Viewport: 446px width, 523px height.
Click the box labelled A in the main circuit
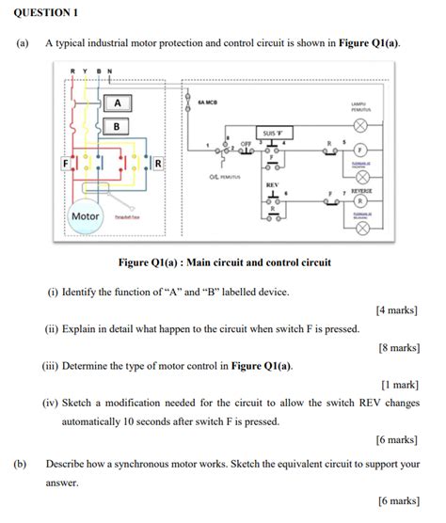[x=117, y=103]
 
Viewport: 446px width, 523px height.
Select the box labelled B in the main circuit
[x=117, y=125]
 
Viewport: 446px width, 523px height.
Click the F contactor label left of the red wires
[x=65, y=163]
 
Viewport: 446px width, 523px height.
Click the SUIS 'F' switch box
[x=273, y=134]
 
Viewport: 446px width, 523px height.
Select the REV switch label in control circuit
[x=272, y=184]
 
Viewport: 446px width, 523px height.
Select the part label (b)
[x=19, y=464]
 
